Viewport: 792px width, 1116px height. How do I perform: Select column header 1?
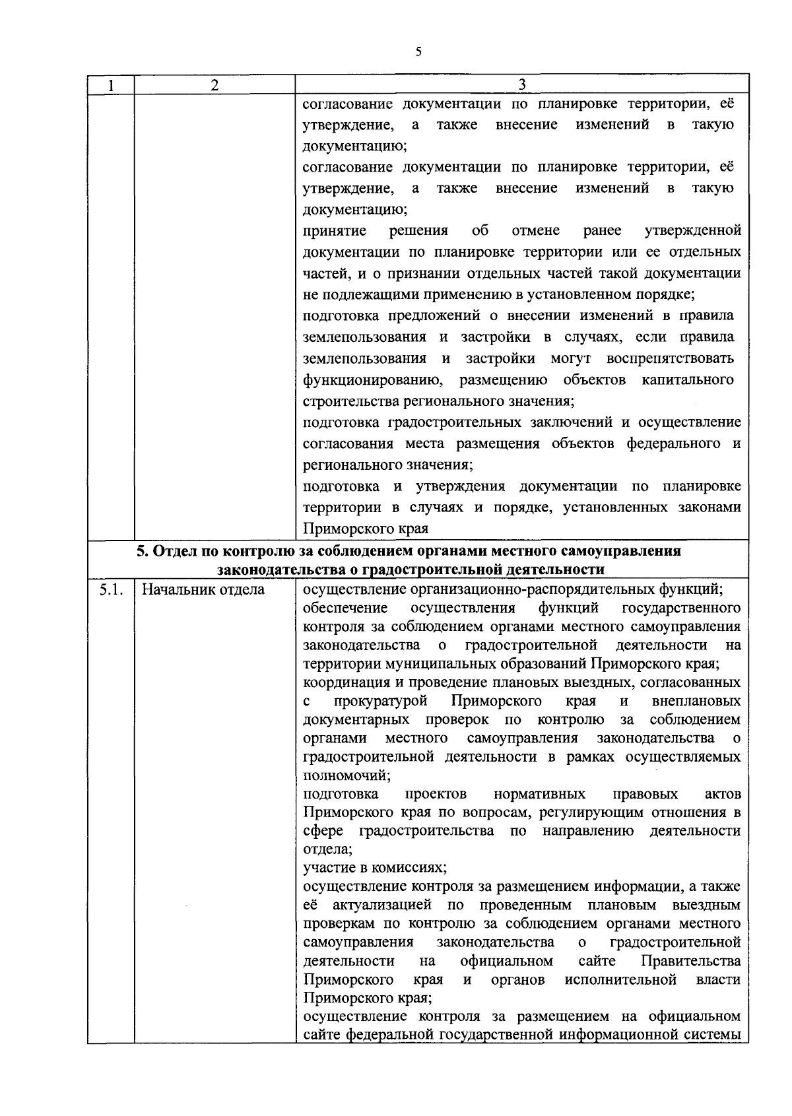111,85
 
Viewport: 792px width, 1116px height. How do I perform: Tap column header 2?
214,85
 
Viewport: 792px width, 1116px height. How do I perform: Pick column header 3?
521,84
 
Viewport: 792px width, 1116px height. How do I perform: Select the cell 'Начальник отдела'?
203,590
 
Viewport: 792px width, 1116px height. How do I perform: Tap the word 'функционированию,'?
372,380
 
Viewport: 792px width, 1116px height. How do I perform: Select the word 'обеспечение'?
345,608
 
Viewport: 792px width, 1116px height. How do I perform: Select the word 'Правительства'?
690,961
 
